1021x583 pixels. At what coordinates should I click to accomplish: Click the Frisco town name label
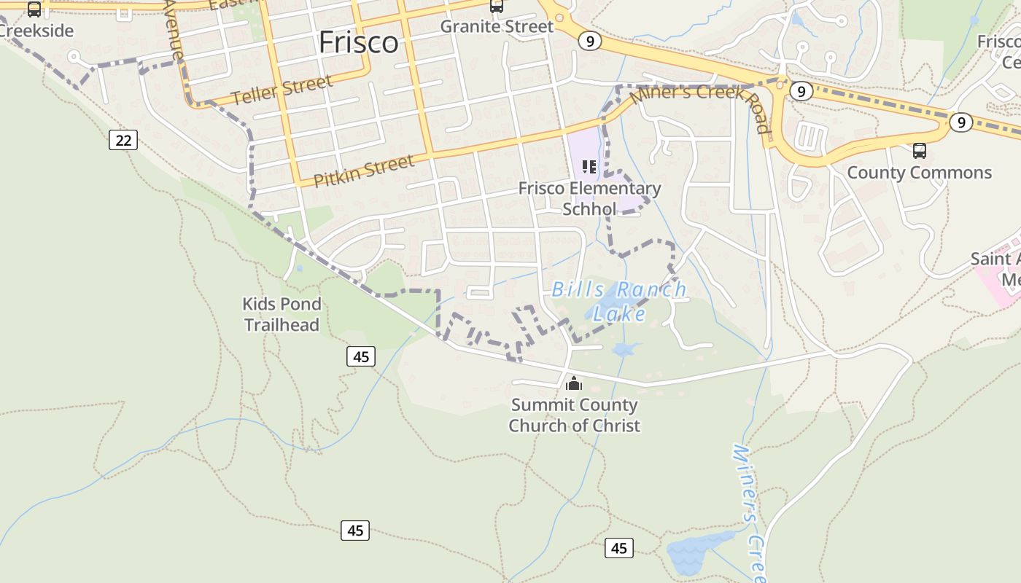pyautogui.click(x=359, y=42)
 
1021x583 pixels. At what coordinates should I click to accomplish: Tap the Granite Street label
pyautogui.click(x=497, y=26)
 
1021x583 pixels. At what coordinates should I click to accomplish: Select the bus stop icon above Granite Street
pyautogui.click(x=497, y=6)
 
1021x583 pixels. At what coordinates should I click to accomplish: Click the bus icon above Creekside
pyautogui.click(x=34, y=9)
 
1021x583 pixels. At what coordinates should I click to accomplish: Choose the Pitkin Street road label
pyautogui.click(x=364, y=171)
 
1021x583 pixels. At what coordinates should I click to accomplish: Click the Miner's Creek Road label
pyautogui.click(x=700, y=102)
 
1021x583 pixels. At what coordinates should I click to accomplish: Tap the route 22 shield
pyautogui.click(x=123, y=139)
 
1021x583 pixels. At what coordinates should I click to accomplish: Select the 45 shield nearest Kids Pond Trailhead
pyautogui.click(x=360, y=356)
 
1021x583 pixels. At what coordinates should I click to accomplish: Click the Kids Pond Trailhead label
pyautogui.click(x=282, y=314)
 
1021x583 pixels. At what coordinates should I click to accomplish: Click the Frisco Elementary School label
pyautogui.click(x=589, y=198)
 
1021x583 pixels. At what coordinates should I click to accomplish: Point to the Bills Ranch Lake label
pyautogui.click(x=619, y=301)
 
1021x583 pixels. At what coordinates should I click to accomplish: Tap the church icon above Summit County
pyautogui.click(x=574, y=383)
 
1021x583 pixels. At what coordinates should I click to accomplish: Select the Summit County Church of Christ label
pyautogui.click(x=574, y=415)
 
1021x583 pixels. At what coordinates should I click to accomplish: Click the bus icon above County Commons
pyautogui.click(x=920, y=151)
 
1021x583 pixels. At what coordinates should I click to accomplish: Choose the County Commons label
pyautogui.click(x=919, y=173)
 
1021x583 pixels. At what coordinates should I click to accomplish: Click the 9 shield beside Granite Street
pyautogui.click(x=589, y=42)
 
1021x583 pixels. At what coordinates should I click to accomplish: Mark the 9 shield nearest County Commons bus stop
pyautogui.click(x=960, y=122)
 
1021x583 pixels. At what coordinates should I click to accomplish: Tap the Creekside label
pyautogui.click(x=36, y=31)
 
